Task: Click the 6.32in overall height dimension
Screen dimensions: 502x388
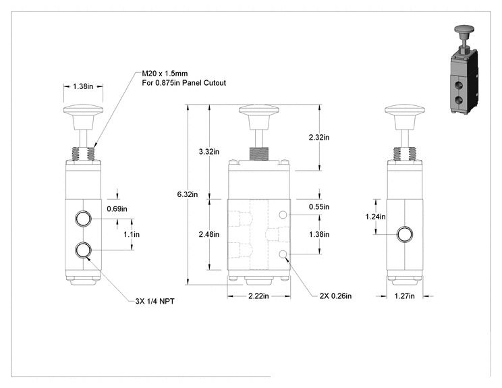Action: point(188,194)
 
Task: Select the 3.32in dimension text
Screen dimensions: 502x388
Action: point(208,151)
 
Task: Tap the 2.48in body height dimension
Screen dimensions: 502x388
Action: point(208,234)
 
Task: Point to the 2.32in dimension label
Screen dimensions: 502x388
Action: point(319,138)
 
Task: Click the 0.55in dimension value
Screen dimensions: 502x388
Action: point(319,206)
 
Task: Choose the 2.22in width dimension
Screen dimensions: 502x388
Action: point(258,296)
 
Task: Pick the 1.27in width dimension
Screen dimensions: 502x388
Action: point(404,296)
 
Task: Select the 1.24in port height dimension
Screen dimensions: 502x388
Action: point(376,217)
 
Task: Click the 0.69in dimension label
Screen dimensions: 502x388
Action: point(117,209)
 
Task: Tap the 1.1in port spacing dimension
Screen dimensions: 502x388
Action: point(132,234)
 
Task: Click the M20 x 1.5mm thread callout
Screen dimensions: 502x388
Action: point(165,74)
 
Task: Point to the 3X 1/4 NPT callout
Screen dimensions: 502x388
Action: point(155,301)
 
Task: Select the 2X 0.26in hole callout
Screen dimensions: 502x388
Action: point(335,296)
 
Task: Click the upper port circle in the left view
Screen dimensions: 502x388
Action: point(83,219)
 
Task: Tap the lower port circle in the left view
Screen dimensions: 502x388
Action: point(83,250)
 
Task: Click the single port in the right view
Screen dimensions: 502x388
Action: point(405,234)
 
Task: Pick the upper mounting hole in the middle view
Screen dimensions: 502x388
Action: point(283,215)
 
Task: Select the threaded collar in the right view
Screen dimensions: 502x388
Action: point(405,154)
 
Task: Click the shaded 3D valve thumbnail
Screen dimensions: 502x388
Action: point(464,69)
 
